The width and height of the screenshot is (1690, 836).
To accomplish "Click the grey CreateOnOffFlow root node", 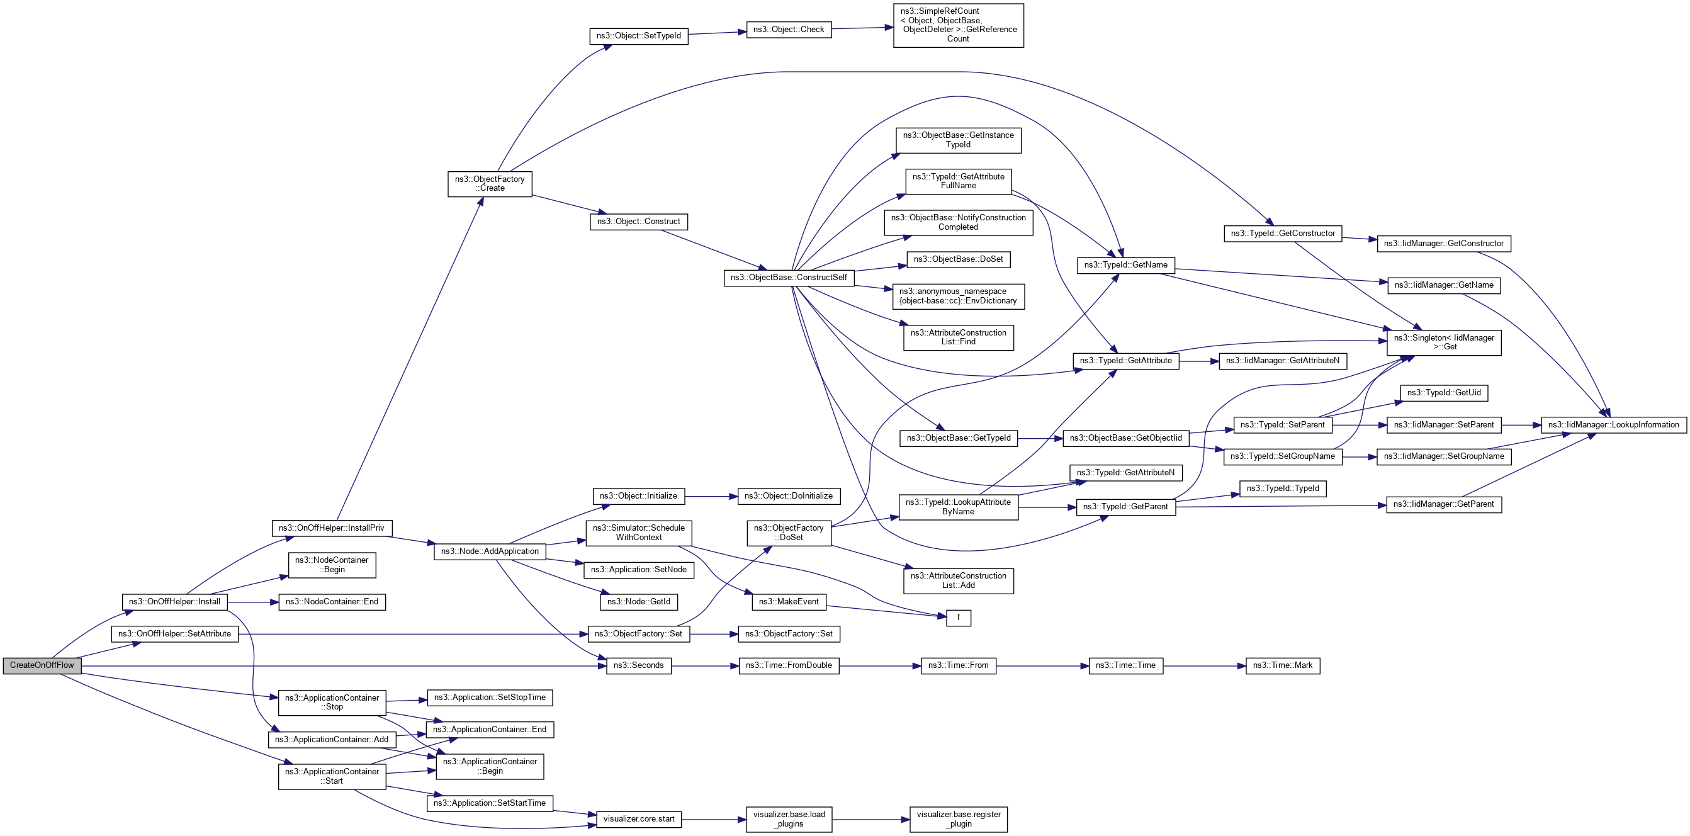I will pos(42,665).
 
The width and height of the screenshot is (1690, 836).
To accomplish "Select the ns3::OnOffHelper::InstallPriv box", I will pos(331,528).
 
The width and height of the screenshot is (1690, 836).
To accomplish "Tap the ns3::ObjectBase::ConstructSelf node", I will pos(789,278).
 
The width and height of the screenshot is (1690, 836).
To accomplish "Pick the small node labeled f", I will pos(959,618).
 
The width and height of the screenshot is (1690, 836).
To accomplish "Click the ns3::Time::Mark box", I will pos(1283,665).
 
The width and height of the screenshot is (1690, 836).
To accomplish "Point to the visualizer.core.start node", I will pos(638,819).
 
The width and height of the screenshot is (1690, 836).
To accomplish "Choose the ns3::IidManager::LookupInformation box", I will pos(1613,425).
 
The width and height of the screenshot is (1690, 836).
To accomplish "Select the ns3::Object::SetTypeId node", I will pos(638,36).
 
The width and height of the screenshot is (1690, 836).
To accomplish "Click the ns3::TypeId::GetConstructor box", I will pos(1283,234).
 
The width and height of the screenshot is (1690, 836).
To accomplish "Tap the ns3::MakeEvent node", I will pos(789,602).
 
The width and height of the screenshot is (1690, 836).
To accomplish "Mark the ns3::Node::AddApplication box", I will pos(490,551).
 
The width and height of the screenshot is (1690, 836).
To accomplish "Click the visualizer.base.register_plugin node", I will pos(959,819).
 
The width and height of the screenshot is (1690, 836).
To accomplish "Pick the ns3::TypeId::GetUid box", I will pos(1443,393).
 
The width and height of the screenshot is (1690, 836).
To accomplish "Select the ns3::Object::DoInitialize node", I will pos(789,496).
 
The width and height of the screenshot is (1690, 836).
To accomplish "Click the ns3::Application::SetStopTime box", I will pos(490,698).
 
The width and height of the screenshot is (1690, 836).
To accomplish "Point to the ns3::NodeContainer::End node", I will pos(331,602).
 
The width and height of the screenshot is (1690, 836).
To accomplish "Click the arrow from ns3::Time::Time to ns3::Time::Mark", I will pos(1205,665).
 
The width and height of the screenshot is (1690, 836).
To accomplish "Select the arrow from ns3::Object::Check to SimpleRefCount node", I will pos(862,28).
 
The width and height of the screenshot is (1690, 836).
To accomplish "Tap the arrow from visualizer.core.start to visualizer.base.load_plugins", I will pos(714,820).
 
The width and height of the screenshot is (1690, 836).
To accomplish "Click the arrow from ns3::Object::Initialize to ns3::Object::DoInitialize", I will pos(711,497).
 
